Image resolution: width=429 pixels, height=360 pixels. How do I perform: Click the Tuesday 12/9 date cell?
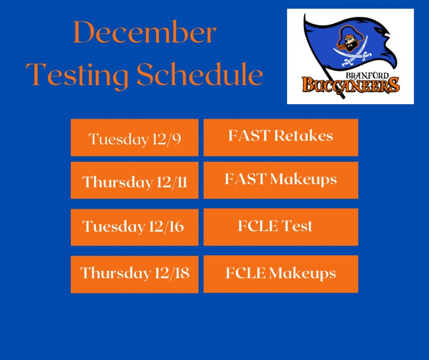point(134,138)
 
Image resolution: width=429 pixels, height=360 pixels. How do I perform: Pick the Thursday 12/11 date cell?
point(134,181)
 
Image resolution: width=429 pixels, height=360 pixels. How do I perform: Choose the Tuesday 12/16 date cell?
point(134,227)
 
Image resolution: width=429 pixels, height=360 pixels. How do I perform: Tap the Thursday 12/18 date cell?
point(134,274)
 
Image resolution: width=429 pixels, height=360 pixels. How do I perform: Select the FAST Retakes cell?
point(281,137)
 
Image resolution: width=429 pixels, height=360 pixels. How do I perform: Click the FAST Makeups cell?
point(281,180)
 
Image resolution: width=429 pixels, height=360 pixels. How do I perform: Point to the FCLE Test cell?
point(281,226)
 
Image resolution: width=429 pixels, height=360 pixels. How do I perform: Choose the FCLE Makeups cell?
point(281,274)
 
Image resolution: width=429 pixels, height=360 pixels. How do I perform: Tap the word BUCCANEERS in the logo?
point(350,86)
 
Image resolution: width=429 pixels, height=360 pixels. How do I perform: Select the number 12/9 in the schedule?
point(166,139)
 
